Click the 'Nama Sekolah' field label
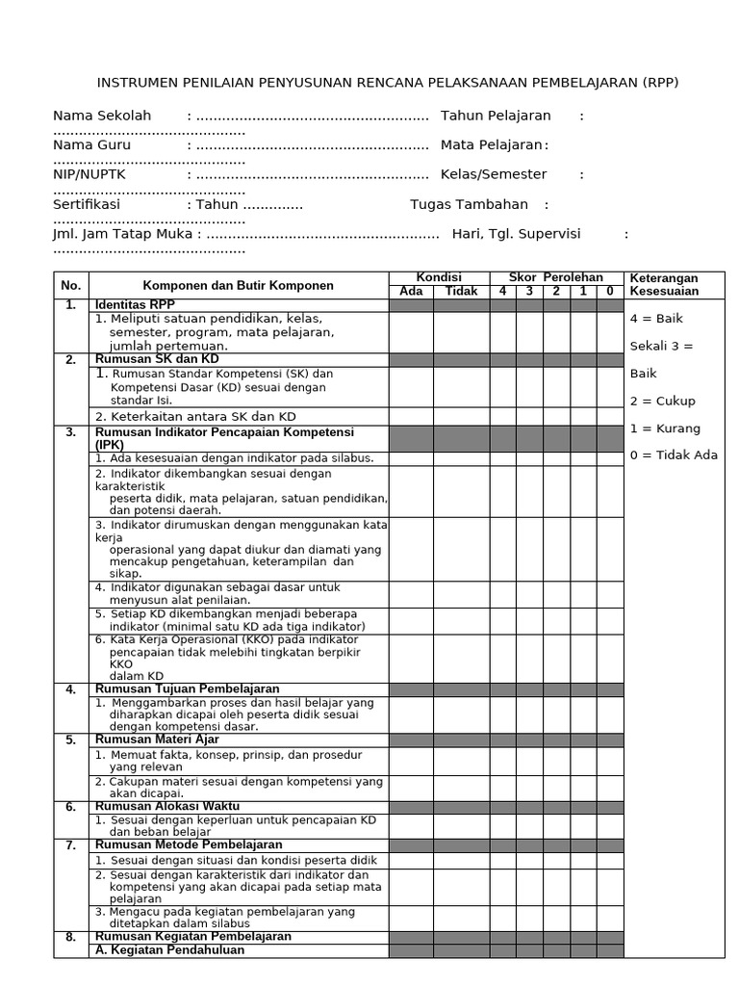point(102,116)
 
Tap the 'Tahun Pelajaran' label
point(496,116)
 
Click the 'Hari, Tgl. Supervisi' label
point(517,234)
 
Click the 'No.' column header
point(71,285)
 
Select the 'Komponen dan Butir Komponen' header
point(238,285)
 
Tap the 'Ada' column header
point(411,292)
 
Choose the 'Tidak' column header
point(461,292)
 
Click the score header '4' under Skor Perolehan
point(502,292)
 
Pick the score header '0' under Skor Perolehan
point(610,292)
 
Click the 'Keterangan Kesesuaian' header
point(664,285)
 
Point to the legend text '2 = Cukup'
point(662,401)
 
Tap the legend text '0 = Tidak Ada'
point(674,455)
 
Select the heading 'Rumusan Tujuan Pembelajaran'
point(187,689)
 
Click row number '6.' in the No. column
point(71,806)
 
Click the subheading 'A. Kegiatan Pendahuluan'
point(169,949)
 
